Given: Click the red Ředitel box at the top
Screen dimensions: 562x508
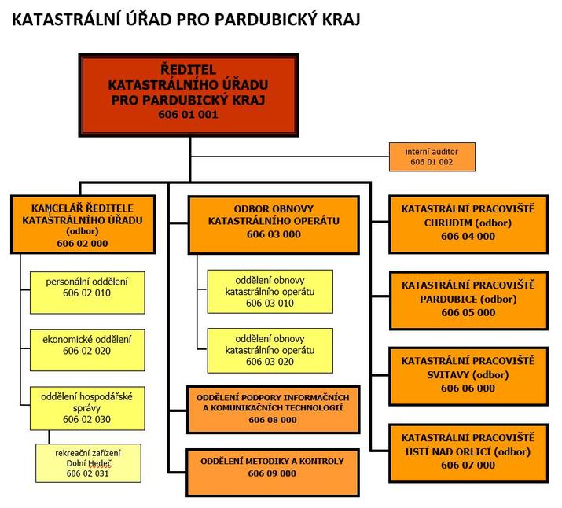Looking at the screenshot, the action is coord(189,95).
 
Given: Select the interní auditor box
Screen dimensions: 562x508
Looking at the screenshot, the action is coord(432,157).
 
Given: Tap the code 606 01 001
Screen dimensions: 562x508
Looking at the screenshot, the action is coord(188,115).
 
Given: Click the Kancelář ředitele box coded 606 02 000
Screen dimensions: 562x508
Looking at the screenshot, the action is coord(83,224).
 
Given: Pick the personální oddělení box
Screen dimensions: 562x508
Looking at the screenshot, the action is coord(87,293).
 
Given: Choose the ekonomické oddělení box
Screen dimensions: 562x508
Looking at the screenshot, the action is coord(87,350).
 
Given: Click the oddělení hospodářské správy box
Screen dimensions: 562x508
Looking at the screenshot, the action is coord(87,408).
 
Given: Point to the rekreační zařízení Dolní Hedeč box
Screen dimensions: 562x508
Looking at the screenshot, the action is coord(88,463).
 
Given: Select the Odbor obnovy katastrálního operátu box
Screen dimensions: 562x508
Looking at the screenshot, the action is coord(274,225).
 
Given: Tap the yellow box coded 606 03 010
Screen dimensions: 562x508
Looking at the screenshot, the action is coord(270,292).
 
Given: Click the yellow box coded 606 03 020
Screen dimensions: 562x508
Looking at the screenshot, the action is coord(270,351).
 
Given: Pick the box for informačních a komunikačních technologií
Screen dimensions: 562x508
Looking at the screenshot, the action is coord(273,410).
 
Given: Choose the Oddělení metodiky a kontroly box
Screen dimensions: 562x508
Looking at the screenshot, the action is coord(273,472).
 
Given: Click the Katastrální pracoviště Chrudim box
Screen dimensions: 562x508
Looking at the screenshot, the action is coord(468,224).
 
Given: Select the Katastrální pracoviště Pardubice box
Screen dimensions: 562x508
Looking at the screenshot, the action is coord(468,300).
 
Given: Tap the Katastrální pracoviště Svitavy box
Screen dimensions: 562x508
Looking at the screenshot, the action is coord(468,376).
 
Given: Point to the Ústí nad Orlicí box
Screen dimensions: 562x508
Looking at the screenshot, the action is coord(468,454).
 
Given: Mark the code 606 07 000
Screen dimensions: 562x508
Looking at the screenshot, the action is coord(468,466).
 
